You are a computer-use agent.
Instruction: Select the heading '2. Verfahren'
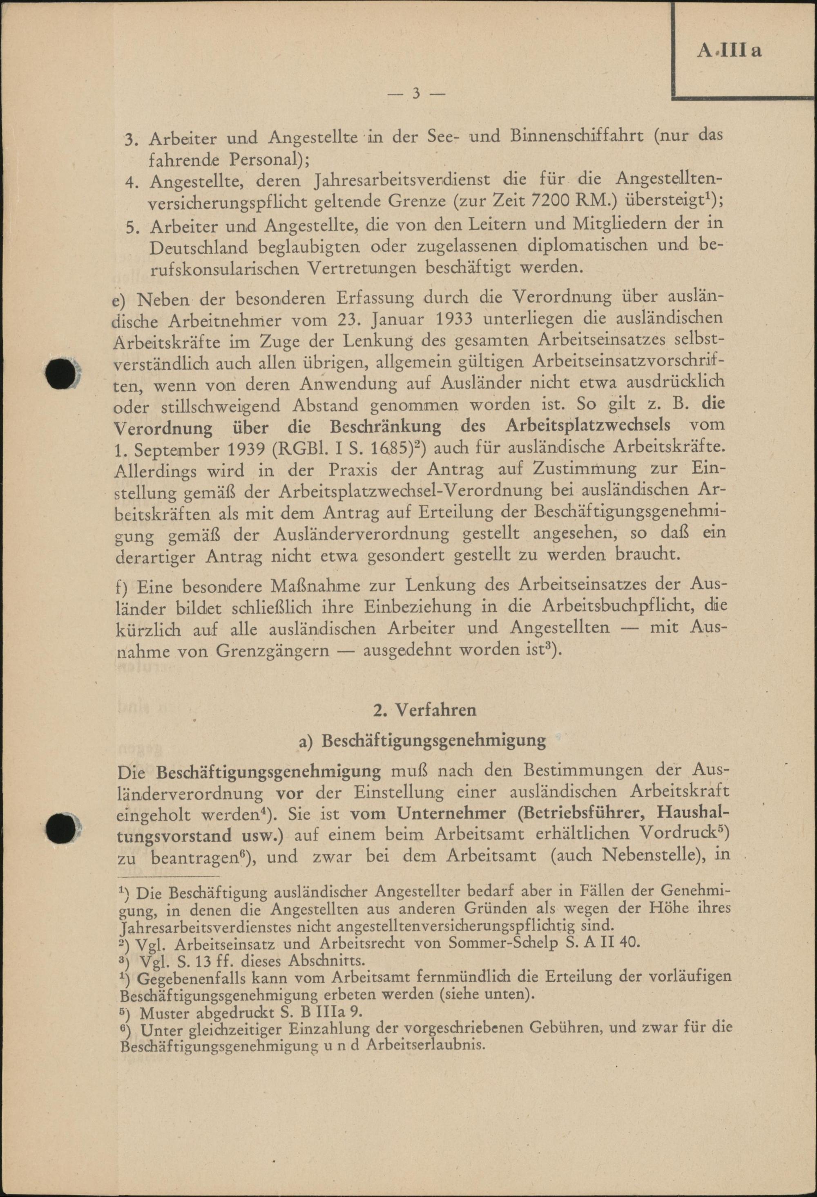coord(425,709)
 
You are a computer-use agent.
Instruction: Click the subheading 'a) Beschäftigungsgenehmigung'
coord(422,740)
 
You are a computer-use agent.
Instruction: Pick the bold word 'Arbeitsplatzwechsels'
coord(588,426)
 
